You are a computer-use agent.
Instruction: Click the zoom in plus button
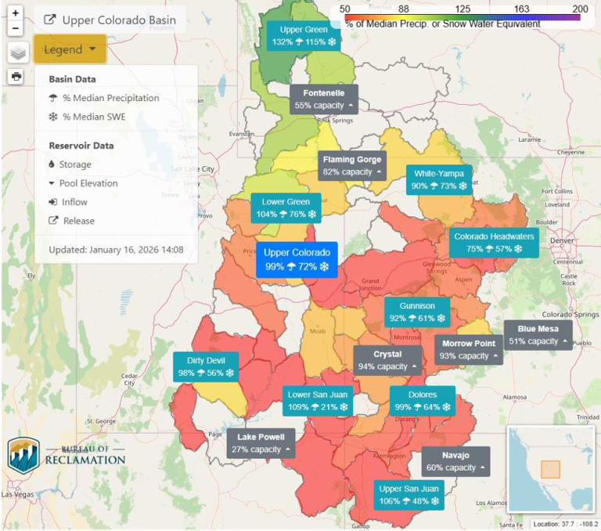(16, 13)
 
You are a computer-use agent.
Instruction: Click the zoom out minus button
(16, 28)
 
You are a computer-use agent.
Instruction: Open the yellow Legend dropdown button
(70, 49)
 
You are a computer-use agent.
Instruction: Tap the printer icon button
(16, 76)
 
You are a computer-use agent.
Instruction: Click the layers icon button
(18, 52)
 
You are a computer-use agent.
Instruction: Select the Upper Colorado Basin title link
(110, 20)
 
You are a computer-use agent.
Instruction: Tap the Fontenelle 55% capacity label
(324, 99)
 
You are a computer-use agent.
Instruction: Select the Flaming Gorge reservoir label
(351, 166)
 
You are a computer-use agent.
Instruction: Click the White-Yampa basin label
(439, 180)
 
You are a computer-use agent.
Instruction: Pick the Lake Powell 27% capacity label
(261, 443)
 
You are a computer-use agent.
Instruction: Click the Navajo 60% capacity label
(455, 461)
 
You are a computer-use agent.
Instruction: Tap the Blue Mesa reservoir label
(538, 335)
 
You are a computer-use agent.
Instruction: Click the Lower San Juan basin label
(317, 401)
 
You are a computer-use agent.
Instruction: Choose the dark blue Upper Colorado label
(296, 260)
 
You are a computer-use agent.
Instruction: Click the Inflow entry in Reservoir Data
(74, 202)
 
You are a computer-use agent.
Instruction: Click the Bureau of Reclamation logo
(66, 455)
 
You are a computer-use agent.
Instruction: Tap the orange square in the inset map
(550, 469)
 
